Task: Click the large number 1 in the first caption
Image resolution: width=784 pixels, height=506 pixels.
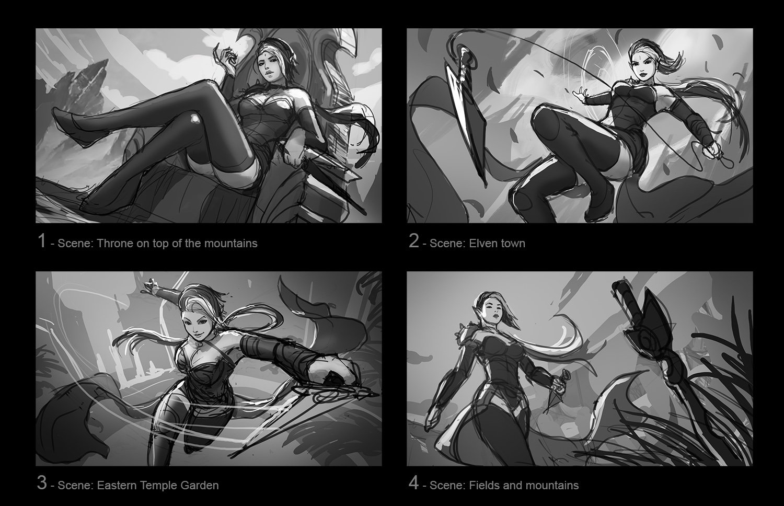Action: pyautogui.click(x=42, y=241)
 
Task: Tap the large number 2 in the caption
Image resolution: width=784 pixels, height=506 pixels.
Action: pyautogui.click(x=414, y=241)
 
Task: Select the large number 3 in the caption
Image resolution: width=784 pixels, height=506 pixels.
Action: pyautogui.click(x=42, y=483)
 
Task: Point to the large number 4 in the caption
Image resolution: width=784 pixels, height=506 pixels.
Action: pyautogui.click(x=414, y=483)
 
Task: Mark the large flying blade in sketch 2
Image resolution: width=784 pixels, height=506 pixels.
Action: pyautogui.click(x=466, y=112)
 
